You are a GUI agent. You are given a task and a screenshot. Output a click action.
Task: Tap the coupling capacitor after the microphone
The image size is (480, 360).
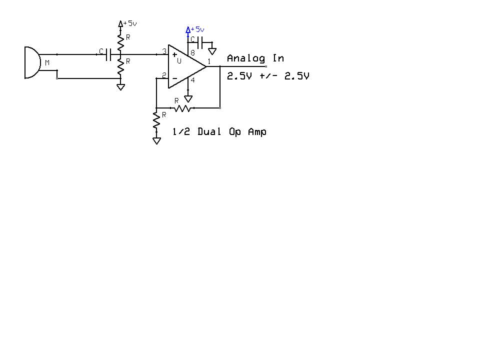pos(108,54)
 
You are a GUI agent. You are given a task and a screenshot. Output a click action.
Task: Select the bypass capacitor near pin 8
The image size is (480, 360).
pos(200,42)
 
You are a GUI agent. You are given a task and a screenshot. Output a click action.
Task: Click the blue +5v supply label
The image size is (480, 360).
pos(197,29)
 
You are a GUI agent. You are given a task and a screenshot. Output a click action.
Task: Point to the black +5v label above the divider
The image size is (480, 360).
pos(130,23)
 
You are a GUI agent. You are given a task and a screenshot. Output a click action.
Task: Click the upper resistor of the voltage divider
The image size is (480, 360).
pos(120,42)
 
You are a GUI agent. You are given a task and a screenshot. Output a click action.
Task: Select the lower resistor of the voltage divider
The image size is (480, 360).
pos(120,66)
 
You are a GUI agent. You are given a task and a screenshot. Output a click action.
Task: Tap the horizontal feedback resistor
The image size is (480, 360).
pos(182,108)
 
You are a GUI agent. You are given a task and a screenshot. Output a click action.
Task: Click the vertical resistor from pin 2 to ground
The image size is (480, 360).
pos(156,120)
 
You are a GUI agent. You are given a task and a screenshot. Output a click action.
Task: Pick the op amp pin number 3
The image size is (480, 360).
pos(164,51)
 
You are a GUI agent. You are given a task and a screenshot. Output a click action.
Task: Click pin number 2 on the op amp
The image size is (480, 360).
pos(164,75)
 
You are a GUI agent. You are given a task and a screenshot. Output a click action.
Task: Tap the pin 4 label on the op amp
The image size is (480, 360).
pos(192,80)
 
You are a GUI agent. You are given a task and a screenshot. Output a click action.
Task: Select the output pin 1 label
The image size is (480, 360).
pos(209,62)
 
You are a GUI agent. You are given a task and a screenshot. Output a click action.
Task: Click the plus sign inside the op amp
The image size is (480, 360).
pos(174,55)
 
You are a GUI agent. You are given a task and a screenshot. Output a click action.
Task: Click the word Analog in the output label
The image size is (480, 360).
pos(246,58)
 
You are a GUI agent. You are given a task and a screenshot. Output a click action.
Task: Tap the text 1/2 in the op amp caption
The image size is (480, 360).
pos(181,131)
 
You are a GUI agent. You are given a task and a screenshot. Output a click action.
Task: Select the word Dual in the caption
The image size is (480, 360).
pos(209,131)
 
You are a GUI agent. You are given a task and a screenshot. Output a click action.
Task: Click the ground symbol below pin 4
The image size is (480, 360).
pos(188,99)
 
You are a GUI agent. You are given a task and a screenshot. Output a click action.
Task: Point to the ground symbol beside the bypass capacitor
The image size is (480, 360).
pos(212,51)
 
